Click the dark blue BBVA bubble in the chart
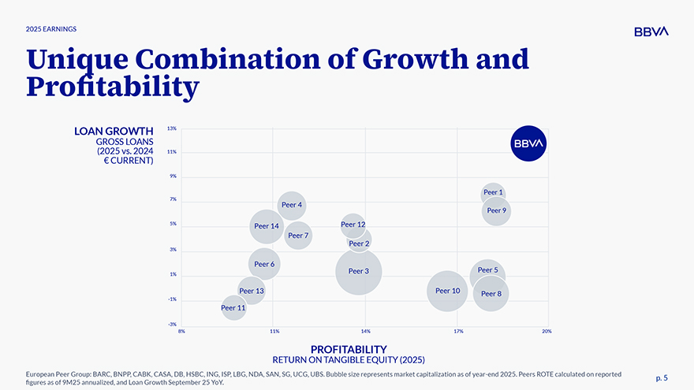pyautogui.click(x=528, y=143)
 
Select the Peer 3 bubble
pyautogui.click(x=359, y=271)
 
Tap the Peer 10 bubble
pyautogui.click(x=447, y=291)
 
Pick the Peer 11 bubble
pyautogui.click(x=233, y=307)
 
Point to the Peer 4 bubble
pyautogui.click(x=292, y=205)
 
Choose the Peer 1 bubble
pyautogui.click(x=493, y=192)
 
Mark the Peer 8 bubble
pyautogui.click(x=491, y=293)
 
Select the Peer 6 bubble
pyautogui.click(x=265, y=264)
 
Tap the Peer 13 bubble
pyautogui.click(x=251, y=291)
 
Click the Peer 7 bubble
pyautogui.click(x=298, y=235)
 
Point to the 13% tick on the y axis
pyautogui.click(x=171, y=128)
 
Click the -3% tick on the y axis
pyautogui.click(x=171, y=325)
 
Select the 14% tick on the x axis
pyautogui.click(x=365, y=332)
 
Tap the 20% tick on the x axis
pyautogui.click(x=547, y=332)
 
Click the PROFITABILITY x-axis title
pyautogui.click(x=349, y=349)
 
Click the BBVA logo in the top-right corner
pyautogui.click(x=651, y=31)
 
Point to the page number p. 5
pyautogui.click(x=662, y=377)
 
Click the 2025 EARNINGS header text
pyautogui.click(x=51, y=29)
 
